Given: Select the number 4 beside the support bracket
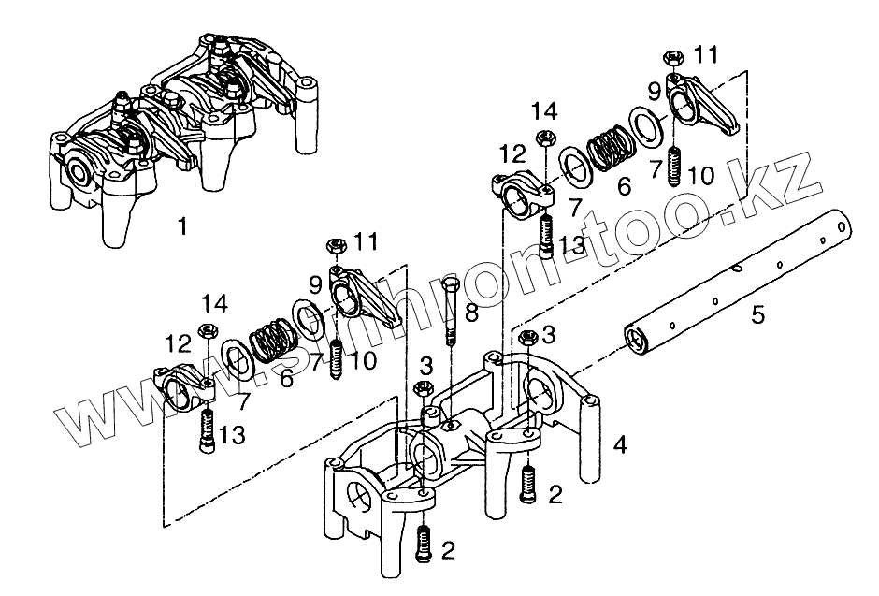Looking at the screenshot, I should click(619, 444).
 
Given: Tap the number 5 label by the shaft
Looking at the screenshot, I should click(757, 313).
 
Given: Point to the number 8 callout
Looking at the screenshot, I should click(471, 313).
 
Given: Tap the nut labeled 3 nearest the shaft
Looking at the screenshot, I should click(526, 338).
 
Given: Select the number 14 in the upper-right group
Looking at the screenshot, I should click(544, 111).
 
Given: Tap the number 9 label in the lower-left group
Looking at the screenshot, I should click(315, 283).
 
